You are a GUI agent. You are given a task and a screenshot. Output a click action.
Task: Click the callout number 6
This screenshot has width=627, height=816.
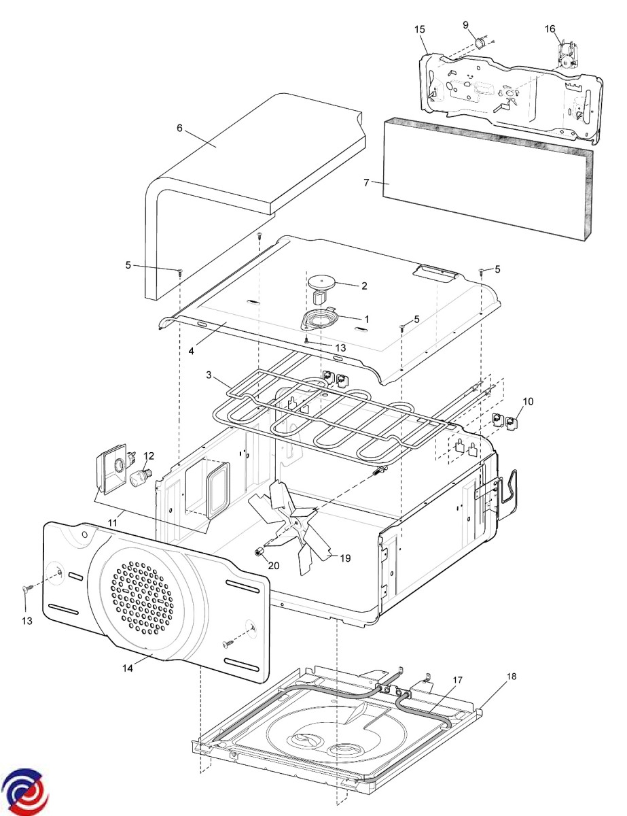click(179, 128)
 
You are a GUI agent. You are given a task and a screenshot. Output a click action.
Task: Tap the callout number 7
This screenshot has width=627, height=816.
click(366, 183)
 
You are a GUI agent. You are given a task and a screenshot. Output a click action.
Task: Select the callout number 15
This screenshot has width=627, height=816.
click(419, 29)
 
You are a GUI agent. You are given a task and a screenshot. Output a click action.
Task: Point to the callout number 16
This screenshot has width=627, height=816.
click(550, 29)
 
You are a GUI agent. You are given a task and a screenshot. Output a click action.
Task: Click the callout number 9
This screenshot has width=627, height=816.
click(466, 25)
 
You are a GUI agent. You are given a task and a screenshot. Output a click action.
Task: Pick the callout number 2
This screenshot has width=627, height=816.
click(364, 286)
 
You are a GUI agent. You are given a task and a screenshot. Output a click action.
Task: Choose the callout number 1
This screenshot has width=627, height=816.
click(367, 318)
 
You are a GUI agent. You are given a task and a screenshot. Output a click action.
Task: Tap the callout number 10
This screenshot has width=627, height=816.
click(528, 401)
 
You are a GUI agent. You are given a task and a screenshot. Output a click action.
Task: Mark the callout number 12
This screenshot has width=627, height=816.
click(149, 455)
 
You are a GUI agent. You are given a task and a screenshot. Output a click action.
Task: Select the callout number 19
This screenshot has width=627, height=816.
click(345, 558)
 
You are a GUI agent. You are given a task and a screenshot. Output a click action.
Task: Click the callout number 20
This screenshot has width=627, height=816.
click(273, 565)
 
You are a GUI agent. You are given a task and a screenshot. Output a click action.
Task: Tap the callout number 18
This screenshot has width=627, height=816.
click(512, 676)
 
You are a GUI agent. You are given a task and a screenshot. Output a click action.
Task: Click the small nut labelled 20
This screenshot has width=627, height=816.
click(259, 551)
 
